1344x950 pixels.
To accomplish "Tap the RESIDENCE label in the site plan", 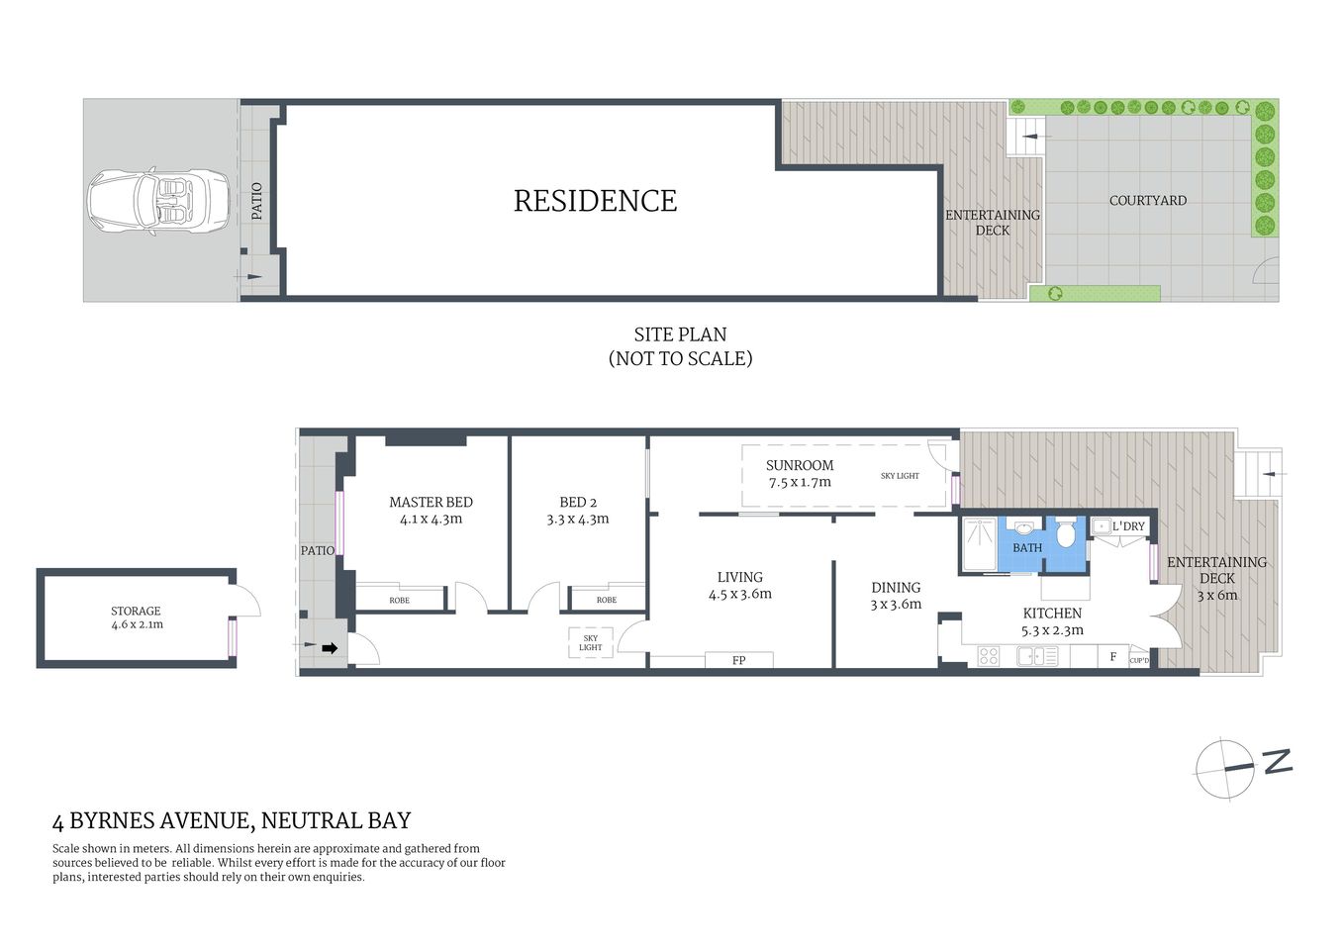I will (x=595, y=201).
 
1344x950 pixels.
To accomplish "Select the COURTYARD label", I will (x=1147, y=201).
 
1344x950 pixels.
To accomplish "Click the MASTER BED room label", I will (x=431, y=503).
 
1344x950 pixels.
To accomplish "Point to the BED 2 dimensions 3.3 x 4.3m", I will (x=578, y=519).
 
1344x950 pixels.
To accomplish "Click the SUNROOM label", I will (x=800, y=465).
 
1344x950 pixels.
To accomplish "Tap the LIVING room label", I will (x=739, y=577).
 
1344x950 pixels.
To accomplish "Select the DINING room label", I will (x=896, y=588).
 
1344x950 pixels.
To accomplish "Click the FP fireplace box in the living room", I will (x=738, y=660).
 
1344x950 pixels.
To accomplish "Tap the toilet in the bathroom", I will (x=1066, y=534).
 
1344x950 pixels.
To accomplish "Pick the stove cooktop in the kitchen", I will (x=989, y=655).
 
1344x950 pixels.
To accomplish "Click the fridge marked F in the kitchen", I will (x=1112, y=656).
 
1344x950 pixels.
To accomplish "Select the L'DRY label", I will (x=1127, y=526).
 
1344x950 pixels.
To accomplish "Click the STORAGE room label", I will (x=136, y=612).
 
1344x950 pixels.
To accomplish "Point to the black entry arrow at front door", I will (x=331, y=649).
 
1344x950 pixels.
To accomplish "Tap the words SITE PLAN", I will (x=680, y=334).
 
